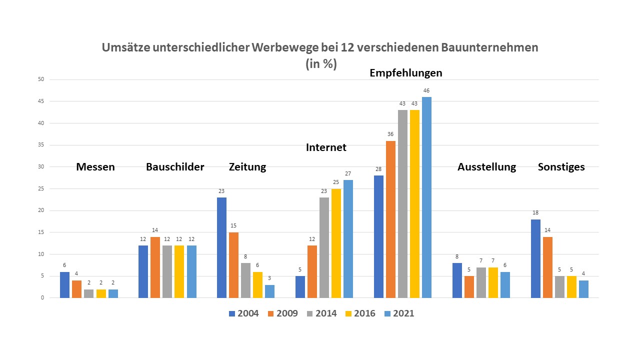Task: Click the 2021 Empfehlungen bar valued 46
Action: (426, 197)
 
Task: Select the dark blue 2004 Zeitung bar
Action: (222, 247)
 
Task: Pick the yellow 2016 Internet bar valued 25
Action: (336, 243)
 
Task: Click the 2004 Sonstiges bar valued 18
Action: (535, 258)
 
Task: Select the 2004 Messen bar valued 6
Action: (64, 285)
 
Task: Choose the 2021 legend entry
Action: (398, 313)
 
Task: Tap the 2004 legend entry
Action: (243, 313)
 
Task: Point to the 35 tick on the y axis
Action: (41, 145)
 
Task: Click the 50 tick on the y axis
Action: (41, 79)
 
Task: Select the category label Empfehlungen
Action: (405, 72)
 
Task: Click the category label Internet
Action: (326, 147)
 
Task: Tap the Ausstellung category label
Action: (486, 167)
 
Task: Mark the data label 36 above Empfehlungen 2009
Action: (390, 134)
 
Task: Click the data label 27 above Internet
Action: (348, 173)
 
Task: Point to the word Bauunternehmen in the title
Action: (489, 47)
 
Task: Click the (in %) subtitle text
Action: (320, 64)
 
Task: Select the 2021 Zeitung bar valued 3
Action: (270, 291)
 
